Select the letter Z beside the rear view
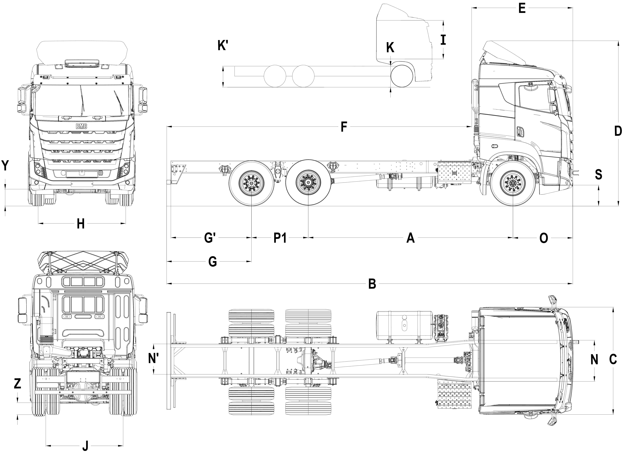click(x=17, y=384)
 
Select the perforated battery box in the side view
click(x=454, y=172)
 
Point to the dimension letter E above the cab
click(x=522, y=8)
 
